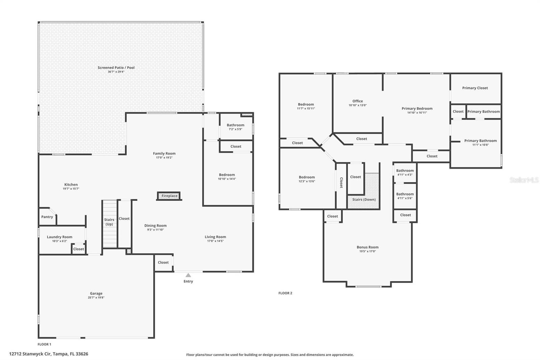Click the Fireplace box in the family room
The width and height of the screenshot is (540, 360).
click(x=169, y=196)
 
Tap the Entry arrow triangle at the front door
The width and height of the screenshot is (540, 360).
click(x=188, y=275)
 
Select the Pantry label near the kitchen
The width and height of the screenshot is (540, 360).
click(x=47, y=217)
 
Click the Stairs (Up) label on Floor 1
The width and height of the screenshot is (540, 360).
click(x=109, y=222)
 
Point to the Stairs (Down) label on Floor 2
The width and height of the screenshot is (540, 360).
click(x=364, y=200)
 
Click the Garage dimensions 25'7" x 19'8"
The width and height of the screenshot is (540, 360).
click(x=96, y=298)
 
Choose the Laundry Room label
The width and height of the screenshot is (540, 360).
click(x=59, y=237)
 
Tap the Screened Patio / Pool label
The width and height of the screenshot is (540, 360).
click(x=116, y=68)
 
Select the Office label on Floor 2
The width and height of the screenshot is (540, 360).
click(x=357, y=101)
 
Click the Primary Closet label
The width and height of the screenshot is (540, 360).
click(x=475, y=88)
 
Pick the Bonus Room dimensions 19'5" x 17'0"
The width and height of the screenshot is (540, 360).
click(x=368, y=251)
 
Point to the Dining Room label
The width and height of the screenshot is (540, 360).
click(x=155, y=226)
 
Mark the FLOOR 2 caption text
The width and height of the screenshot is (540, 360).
click(x=285, y=293)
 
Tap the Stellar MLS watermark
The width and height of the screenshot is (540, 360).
click(x=524, y=180)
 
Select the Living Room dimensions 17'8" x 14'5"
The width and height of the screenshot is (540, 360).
click(x=215, y=241)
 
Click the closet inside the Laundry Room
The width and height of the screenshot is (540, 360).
click(x=78, y=249)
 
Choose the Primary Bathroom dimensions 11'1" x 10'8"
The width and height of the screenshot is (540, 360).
click(x=480, y=145)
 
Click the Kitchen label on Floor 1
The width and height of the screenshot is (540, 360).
click(x=71, y=184)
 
